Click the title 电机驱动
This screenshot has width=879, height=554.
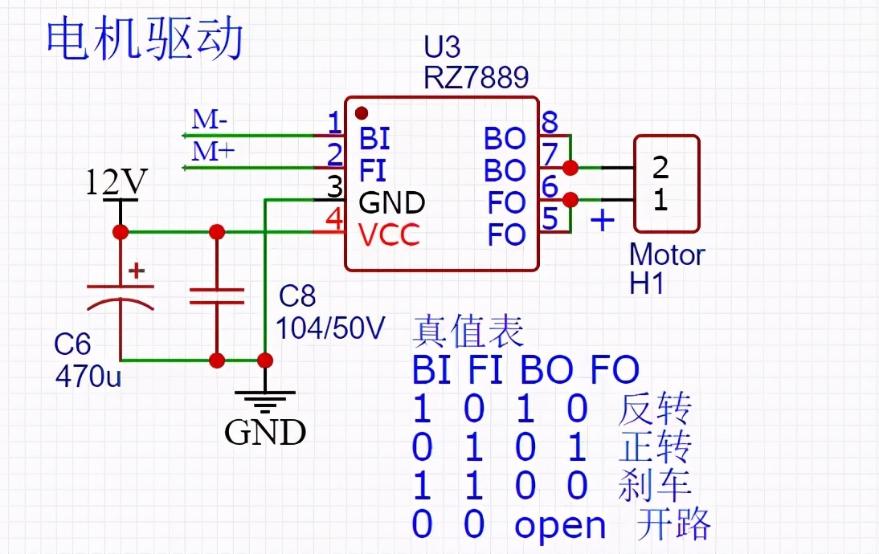[x=145, y=40]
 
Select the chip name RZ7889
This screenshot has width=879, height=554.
[x=476, y=77]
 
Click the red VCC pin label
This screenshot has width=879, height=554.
[x=389, y=234]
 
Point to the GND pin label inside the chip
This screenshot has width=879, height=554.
[x=392, y=202]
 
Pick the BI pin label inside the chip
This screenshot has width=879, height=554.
[x=374, y=139]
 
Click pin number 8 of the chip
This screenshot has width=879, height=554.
[x=550, y=123]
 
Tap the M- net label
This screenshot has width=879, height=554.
[x=210, y=120]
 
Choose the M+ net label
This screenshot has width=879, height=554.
[x=212, y=151]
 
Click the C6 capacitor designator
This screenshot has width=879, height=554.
[x=72, y=344]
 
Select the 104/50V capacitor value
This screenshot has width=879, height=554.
[x=330, y=328]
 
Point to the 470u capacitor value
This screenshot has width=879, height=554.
[x=88, y=375]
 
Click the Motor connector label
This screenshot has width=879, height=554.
[x=667, y=255]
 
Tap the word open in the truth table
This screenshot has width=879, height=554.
[x=560, y=526]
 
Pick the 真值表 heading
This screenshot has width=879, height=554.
[x=468, y=331]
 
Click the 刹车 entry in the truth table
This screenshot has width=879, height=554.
[x=655, y=486]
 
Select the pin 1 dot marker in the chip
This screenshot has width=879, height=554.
[x=362, y=112]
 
